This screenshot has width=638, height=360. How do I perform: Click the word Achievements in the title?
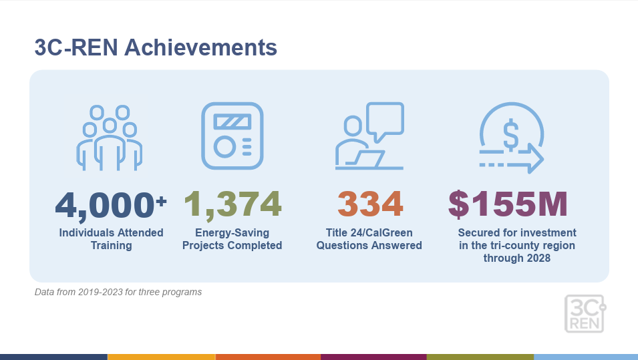point(200,47)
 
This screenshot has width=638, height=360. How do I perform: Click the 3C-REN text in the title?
point(76,47)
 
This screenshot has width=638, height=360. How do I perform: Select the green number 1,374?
point(232,204)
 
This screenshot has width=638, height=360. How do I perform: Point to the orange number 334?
point(370,204)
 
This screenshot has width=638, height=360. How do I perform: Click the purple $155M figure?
point(508,204)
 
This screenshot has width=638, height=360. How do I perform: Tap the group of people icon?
point(110,138)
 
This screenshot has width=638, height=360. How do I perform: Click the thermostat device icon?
point(232,136)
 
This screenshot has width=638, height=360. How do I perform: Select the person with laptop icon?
point(369,136)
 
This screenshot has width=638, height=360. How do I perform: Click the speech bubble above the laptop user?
point(385,121)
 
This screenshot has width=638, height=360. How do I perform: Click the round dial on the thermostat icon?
point(224,147)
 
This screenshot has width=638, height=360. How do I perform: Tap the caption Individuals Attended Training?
point(111,239)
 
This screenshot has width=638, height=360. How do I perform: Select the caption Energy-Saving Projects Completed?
point(232,239)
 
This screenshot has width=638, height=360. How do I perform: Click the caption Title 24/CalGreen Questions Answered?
point(369,239)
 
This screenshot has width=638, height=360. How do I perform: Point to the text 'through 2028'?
point(517,258)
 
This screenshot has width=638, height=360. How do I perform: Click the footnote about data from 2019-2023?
point(118,292)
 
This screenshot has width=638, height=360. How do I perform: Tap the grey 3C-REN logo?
point(585,314)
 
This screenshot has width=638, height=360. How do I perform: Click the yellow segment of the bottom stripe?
point(161,357)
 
